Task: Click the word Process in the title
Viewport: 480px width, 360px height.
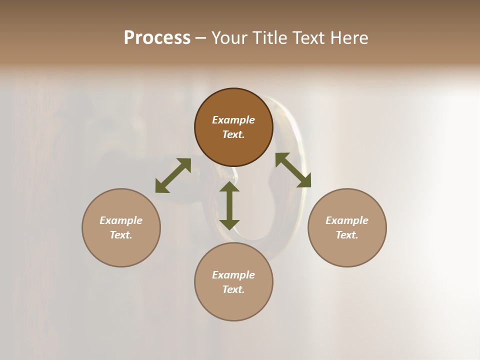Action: (157, 38)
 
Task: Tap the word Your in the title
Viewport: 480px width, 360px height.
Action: (229, 38)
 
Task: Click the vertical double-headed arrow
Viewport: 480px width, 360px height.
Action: (229, 205)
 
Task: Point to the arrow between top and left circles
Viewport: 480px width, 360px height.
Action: (173, 175)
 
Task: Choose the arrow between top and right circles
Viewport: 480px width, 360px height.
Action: (293, 170)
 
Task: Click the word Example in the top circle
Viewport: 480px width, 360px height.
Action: (233, 120)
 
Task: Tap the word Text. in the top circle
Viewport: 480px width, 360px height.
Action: (233, 134)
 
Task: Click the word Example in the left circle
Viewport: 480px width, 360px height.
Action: (121, 220)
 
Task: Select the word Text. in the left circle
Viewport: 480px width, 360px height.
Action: (121, 235)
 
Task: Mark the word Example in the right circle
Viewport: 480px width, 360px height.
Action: (347, 220)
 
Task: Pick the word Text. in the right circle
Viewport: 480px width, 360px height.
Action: (347, 235)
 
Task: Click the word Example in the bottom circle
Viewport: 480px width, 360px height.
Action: (233, 275)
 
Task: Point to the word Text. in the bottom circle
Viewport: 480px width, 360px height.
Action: (233, 289)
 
